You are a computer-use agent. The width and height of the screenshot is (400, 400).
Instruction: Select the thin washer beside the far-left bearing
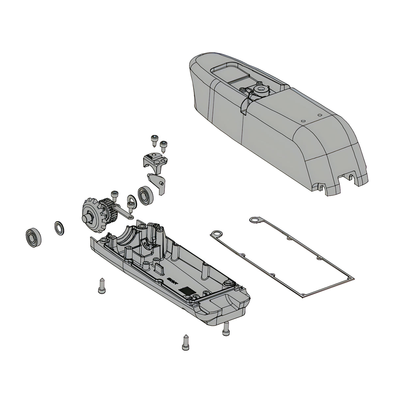click(x=59, y=228)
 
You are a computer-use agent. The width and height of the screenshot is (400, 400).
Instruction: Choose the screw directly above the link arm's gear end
click(x=115, y=196)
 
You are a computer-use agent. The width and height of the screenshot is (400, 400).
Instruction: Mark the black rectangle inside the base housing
click(x=186, y=291)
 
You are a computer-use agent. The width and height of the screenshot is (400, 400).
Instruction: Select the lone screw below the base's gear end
click(x=101, y=286)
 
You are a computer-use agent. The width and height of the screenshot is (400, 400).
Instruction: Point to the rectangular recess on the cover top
click(x=227, y=71)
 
